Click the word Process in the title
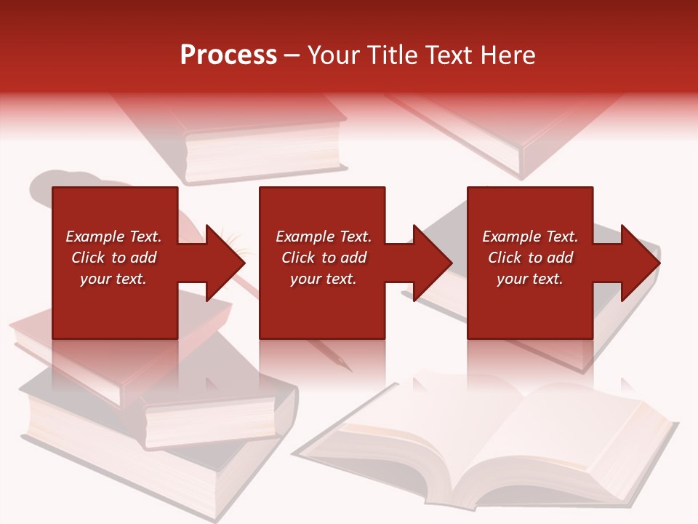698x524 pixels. click(228, 55)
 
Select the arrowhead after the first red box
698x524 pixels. click(222, 263)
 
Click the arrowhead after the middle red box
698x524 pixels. click(430, 263)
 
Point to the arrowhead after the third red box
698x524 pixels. click(638, 263)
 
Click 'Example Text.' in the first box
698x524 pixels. click(113, 237)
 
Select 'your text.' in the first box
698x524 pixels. click(113, 279)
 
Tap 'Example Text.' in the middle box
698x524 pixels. click(324, 237)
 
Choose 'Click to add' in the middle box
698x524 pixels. click(324, 258)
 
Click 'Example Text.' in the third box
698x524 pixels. click(530, 237)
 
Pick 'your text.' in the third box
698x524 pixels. click(530, 279)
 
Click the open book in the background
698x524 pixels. click(494, 444)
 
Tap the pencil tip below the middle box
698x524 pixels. click(342, 363)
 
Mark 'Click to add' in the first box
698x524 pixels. click(113, 258)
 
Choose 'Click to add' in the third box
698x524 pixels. click(530, 258)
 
